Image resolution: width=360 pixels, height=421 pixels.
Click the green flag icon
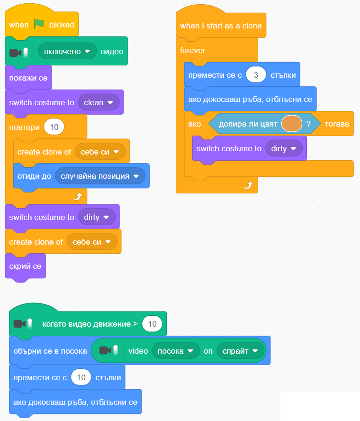pyautogui.click(x=39, y=25)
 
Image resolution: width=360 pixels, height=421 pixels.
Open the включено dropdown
pyautogui.click(x=67, y=51)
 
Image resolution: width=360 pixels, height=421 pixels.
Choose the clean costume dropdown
pyautogui.click(x=98, y=102)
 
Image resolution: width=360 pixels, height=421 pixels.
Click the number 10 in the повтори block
pyautogui.click(x=54, y=127)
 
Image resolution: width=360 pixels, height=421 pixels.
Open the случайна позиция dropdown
pyautogui.click(x=99, y=176)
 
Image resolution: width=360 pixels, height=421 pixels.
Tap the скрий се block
pyautogui.click(x=25, y=266)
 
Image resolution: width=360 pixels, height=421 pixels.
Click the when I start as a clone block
pyautogui.click(x=221, y=26)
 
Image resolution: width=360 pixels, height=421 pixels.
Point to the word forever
pyautogui.click(x=193, y=50)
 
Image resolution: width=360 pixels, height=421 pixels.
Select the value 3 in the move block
pyautogui.click(x=256, y=75)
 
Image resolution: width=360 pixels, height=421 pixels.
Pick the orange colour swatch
pyautogui.click(x=291, y=124)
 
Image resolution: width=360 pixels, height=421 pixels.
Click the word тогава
pyautogui.click(x=337, y=124)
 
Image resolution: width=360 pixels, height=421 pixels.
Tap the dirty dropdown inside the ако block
pyautogui.click(x=283, y=148)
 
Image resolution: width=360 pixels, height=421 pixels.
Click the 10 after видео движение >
pyautogui.click(x=152, y=324)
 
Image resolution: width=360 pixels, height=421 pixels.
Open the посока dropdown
pyautogui.click(x=175, y=351)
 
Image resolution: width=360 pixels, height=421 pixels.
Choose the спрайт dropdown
pyautogui.click(x=240, y=351)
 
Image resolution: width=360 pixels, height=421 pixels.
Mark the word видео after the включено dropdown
pyautogui.click(x=112, y=51)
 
